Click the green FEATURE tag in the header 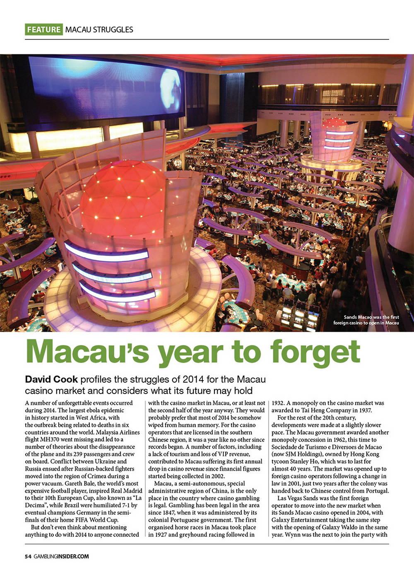point(43,29)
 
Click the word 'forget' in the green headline point(316,352)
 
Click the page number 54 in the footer point(28,556)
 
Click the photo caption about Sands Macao point(366,320)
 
